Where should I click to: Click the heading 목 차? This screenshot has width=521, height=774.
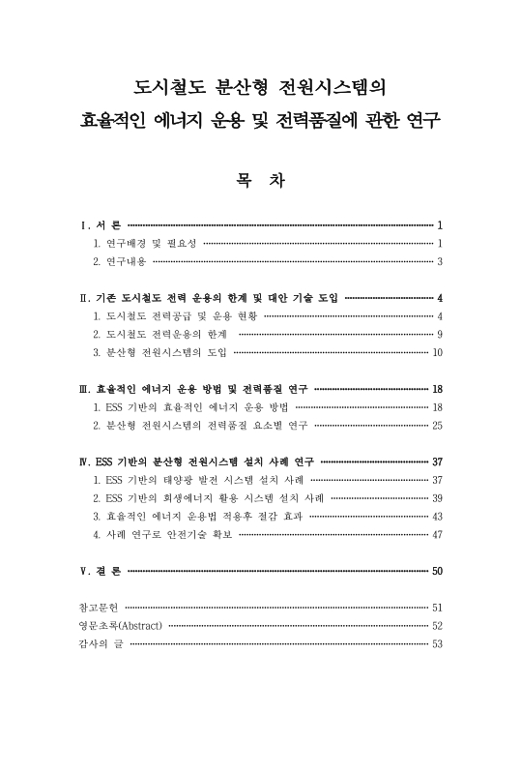tap(260, 181)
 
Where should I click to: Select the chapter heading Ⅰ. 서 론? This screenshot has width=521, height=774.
tap(101, 224)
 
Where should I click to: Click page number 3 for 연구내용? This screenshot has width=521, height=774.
tap(439, 261)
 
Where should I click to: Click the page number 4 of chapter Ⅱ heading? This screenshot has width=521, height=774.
tap(439, 297)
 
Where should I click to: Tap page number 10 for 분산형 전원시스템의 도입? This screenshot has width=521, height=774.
tap(437, 352)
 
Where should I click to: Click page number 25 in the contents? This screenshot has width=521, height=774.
tap(437, 426)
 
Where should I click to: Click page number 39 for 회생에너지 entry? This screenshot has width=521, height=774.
tap(437, 498)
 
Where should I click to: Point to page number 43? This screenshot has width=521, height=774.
tap(437, 517)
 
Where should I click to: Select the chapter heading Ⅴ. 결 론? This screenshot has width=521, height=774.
tap(101, 572)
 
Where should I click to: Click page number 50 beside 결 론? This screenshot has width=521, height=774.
tap(437, 572)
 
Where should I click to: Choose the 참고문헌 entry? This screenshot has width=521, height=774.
tap(99, 608)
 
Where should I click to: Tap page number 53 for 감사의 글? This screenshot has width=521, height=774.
tap(437, 644)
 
